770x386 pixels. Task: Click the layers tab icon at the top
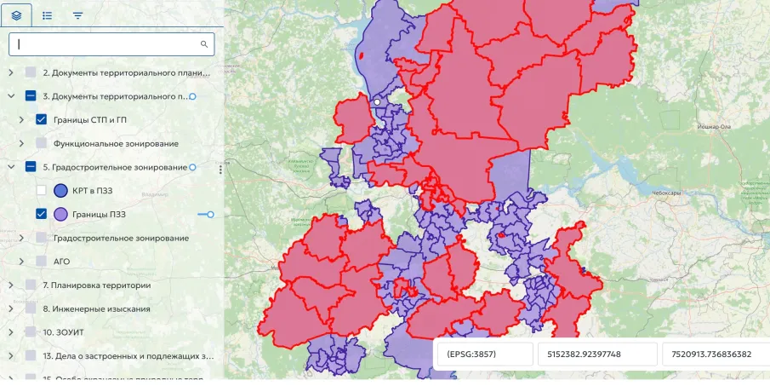click(17, 15)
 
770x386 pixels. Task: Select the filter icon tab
click(77, 15)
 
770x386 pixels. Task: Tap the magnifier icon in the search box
click(204, 43)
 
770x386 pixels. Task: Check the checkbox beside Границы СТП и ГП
click(41, 120)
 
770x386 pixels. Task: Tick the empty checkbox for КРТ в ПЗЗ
click(41, 190)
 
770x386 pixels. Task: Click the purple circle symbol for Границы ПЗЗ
click(60, 214)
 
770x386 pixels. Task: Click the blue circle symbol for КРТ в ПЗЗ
click(60, 190)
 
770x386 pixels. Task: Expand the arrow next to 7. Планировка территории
click(11, 285)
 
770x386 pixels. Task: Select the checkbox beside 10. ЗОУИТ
click(31, 331)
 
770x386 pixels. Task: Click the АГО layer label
click(62, 262)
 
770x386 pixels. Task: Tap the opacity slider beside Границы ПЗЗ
click(205, 214)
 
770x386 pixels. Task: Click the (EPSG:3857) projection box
click(482, 354)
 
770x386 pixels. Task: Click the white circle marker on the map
click(376, 101)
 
